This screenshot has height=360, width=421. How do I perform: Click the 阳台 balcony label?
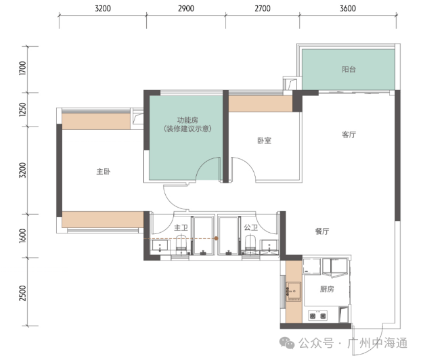349,70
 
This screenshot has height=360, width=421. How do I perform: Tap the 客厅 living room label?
349,135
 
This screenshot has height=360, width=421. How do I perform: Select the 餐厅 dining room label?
322,231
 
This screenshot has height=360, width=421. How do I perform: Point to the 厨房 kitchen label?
327,289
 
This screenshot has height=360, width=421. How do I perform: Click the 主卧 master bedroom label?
104,171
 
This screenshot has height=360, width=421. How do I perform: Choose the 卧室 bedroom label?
265,140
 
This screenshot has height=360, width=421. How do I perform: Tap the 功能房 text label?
187,120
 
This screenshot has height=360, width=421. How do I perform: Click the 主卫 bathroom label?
181,228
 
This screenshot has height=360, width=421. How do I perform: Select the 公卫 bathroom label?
251,227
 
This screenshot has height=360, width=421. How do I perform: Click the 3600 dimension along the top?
348,9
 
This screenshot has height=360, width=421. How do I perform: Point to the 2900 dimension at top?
186,9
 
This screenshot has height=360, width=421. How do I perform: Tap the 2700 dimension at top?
263,9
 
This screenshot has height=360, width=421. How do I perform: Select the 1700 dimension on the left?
23,68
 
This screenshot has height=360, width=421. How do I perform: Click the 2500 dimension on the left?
23,293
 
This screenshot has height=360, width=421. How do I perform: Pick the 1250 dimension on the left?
23,109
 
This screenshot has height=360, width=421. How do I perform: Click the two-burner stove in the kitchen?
318,316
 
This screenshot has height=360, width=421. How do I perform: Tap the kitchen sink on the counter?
293,291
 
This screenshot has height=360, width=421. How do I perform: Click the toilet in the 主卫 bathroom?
181,243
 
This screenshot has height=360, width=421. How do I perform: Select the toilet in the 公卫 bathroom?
250,243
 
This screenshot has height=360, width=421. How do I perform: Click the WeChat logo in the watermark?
287,343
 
